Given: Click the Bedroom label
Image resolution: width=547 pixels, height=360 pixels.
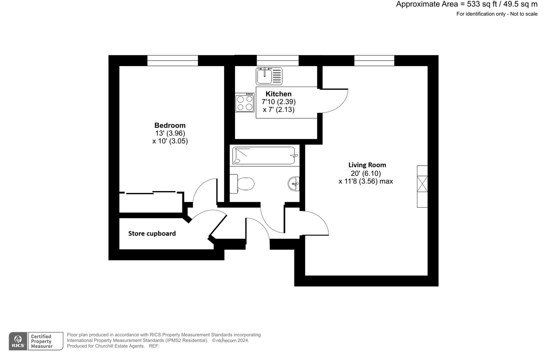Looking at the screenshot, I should tap(170, 125).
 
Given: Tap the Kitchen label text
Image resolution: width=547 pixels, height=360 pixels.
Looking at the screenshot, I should tap(278, 94).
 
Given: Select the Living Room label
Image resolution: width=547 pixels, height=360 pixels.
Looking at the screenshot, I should tap(367, 165).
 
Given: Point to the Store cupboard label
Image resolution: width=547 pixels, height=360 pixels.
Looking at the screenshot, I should tap(152, 233).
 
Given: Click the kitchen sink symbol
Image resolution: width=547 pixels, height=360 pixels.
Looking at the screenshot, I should tap(269, 76).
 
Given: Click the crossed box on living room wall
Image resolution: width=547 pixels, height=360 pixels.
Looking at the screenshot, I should tap(422, 184).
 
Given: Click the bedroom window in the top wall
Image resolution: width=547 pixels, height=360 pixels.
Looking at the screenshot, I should tap(173, 61).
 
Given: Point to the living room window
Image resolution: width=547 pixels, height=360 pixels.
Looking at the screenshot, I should tap(374, 61).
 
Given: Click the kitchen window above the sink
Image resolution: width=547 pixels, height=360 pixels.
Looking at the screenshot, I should tap(277, 61).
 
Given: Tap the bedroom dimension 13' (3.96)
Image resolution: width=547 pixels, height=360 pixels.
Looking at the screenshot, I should tap(170, 133).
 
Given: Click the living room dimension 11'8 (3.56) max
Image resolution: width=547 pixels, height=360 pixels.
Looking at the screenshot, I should tap(366, 181).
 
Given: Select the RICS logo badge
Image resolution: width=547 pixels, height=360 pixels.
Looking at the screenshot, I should tap(18, 341).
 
